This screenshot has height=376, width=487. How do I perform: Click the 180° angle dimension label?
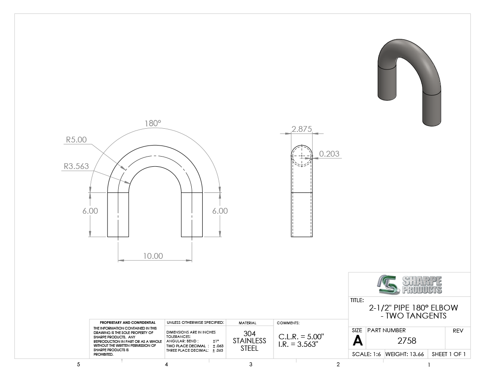click(153, 123)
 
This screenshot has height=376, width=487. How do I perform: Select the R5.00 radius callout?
click(76, 140)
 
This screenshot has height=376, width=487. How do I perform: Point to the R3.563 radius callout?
click(76, 166)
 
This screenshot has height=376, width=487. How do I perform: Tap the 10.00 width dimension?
click(153, 256)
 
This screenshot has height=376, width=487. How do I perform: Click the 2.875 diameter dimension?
click(301, 129)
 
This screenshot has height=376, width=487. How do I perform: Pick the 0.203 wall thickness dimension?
click(329, 154)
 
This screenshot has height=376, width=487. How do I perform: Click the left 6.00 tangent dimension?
click(90, 211)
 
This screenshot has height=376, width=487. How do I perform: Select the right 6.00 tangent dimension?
click(220, 211)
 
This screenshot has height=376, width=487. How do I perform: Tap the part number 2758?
click(407, 341)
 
